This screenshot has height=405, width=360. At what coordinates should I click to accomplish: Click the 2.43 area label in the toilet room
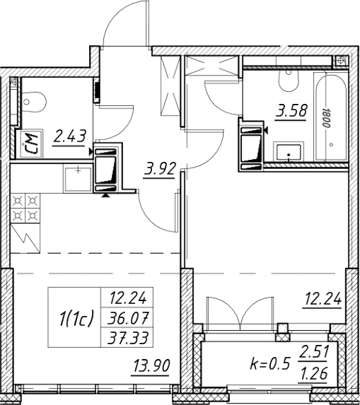[x=70, y=136]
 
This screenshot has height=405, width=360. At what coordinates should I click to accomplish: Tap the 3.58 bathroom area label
[x=292, y=111]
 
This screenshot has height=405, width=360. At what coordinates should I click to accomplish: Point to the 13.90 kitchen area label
[x=151, y=366]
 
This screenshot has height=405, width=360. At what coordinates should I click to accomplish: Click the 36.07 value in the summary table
[x=128, y=318]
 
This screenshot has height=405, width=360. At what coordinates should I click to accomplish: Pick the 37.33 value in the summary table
[x=128, y=338]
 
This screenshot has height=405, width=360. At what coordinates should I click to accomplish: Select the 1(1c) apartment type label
[x=76, y=319]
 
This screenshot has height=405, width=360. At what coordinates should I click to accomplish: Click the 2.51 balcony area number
[x=313, y=352]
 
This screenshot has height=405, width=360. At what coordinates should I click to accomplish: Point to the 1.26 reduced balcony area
[x=313, y=373]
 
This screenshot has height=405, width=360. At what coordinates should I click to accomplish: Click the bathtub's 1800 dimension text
[x=326, y=117]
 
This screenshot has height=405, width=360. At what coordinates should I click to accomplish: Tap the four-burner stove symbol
[x=25, y=208]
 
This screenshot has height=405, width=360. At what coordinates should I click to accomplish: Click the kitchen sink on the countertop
[x=78, y=179]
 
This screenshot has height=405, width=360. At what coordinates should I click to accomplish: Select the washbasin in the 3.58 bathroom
[x=288, y=152]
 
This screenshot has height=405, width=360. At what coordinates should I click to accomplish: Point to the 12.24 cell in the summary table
[x=128, y=298]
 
